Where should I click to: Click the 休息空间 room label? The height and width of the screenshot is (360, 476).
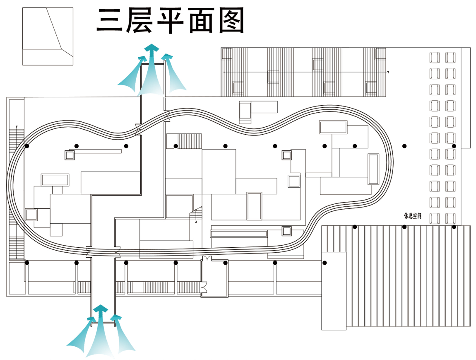pos(412,216)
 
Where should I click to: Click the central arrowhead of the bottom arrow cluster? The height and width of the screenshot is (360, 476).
pos(101,309)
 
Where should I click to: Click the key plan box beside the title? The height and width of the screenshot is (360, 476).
pos(48,36)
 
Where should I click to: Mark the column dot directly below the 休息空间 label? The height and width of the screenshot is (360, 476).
pos(404,227)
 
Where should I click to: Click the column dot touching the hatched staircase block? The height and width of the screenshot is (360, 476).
pos(176,146)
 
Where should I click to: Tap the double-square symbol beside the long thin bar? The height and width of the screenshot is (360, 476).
pos(69,155)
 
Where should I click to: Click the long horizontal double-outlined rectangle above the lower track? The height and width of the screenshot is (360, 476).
pos(238,234)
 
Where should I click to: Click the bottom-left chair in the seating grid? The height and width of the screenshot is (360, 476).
pos(434,217)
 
